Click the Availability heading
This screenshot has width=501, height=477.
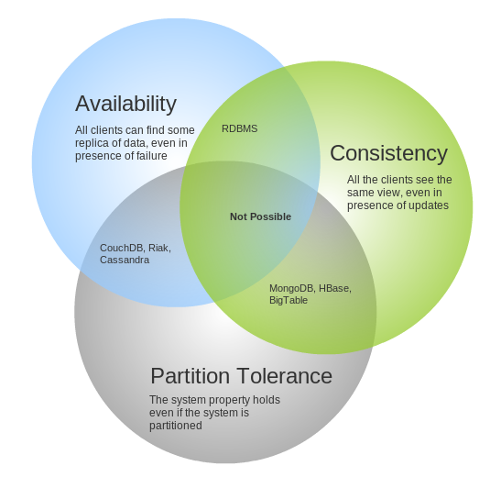125,104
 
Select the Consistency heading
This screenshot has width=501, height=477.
388,153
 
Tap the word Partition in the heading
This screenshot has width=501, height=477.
191,375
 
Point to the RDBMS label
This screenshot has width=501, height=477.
240,128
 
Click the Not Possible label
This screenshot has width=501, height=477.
260,216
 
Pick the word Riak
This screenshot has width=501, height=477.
159,248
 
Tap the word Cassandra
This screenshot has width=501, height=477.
125,260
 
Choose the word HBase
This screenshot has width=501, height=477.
335,288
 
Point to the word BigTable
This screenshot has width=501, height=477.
289,300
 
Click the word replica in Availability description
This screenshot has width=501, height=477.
89,143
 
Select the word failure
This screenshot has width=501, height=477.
152,156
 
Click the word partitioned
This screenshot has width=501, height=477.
176,426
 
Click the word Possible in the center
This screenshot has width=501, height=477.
271,216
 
